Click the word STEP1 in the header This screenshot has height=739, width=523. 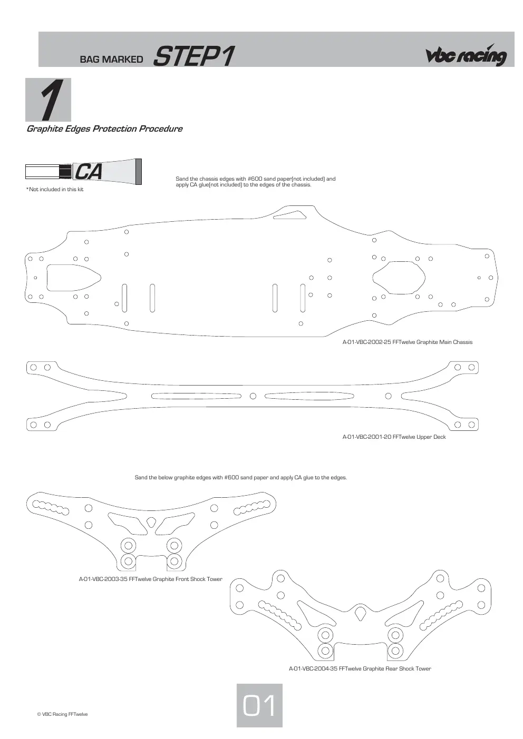[x=194, y=56]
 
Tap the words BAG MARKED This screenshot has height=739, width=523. [x=111, y=60]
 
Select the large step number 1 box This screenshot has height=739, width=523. [x=48, y=100]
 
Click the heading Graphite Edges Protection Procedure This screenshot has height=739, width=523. [x=104, y=129]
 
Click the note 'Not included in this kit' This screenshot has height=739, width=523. [x=55, y=190]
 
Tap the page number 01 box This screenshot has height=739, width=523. [x=259, y=705]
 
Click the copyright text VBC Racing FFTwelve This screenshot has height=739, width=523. [x=62, y=714]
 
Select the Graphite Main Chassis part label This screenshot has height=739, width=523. [x=408, y=342]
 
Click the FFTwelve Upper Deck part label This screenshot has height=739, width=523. [x=394, y=437]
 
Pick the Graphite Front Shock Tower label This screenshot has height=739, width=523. [x=151, y=579]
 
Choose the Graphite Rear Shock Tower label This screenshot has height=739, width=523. [x=360, y=668]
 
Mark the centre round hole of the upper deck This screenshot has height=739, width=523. [x=253, y=396]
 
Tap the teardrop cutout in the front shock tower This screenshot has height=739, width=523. [x=151, y=522]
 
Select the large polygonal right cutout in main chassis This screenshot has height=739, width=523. [x=399, y=278]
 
